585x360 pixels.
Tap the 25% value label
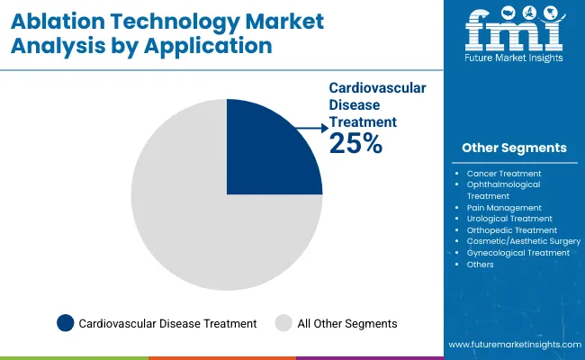click(x=355, y=143)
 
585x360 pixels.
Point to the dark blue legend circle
click(x=65, y=322)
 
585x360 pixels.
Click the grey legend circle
click(x=283, y=322)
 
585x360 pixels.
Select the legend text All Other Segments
click(x=347, y=323)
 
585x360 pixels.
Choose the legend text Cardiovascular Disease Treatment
click(x=167, y=323)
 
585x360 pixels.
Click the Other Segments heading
click(x=514, y=148)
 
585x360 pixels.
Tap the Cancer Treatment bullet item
click(x=503, y=173)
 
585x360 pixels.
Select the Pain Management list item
click(x=504, y=207)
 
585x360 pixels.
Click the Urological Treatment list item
click(x=509, y=219)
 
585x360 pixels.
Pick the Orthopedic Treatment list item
click(x=510, y=230)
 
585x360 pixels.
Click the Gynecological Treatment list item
click(x=517, y=253)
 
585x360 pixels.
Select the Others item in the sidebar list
click(x=481, y=265)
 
